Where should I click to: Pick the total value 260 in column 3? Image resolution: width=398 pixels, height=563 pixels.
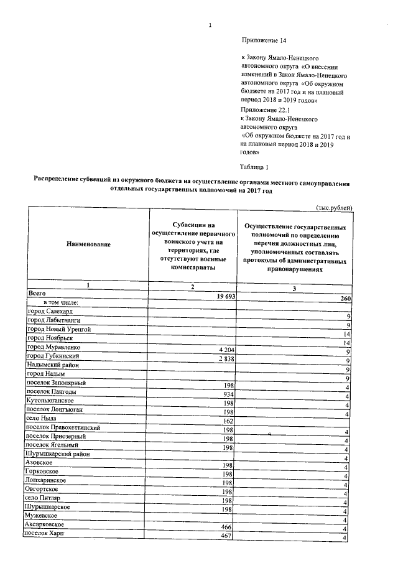tap(346, 300)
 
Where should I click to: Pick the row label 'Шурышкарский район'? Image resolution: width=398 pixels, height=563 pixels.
tap(59, 455)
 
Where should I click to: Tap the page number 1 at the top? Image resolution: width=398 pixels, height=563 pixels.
tap(211, 25)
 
